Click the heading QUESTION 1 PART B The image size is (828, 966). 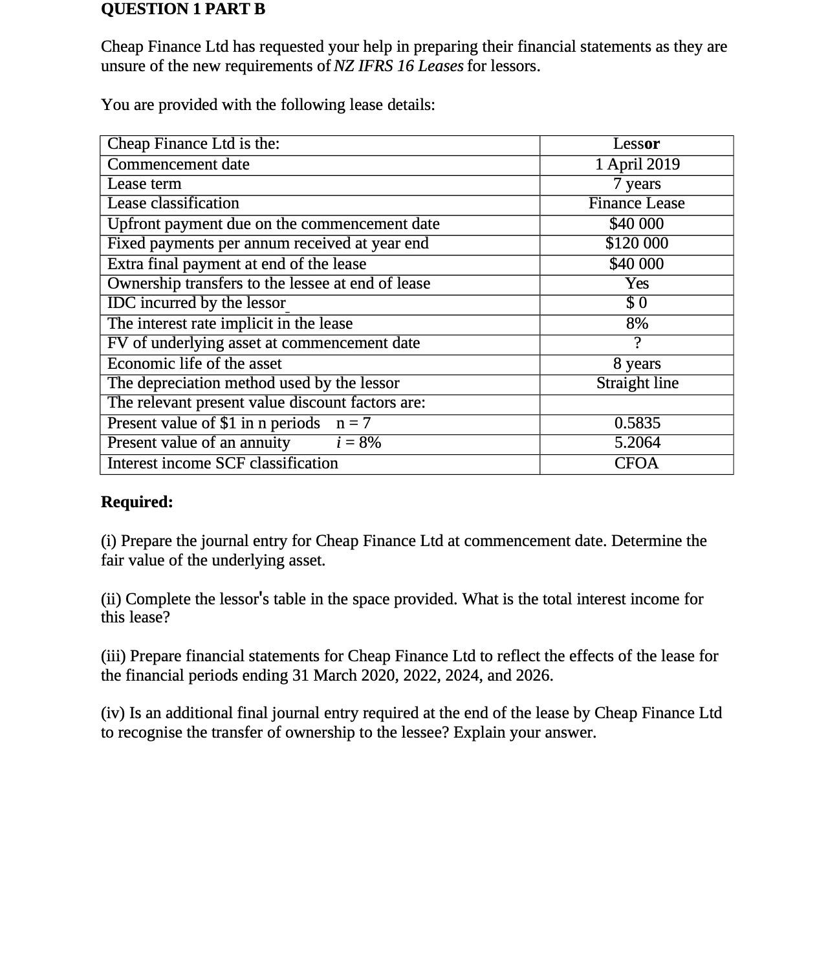coord(183,9)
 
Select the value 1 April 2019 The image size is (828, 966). coord(637,164)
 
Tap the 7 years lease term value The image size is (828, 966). coord(637,184)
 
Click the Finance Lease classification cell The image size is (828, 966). coord(637,204)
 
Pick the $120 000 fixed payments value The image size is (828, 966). coord(637,244)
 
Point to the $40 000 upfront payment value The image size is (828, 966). coord(637,224)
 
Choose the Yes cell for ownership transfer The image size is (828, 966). coord(637,284)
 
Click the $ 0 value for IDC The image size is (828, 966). coord(637,303)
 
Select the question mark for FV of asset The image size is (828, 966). coord(637,343)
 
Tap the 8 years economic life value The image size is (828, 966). coord(637,364)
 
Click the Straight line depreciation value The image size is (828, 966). coord(637,383)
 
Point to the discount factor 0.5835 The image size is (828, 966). coord(637,424)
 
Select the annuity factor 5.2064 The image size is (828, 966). coord(637,443)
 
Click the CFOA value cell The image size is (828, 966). coord(637,463)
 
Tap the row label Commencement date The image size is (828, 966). coord(179,164)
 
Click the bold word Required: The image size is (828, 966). coord(137,502)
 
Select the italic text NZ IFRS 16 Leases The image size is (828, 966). coord(398,66)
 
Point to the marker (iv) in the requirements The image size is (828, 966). coord(113,713)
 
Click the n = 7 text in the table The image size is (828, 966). coord(353,424)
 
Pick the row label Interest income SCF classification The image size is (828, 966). coord(223,463)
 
